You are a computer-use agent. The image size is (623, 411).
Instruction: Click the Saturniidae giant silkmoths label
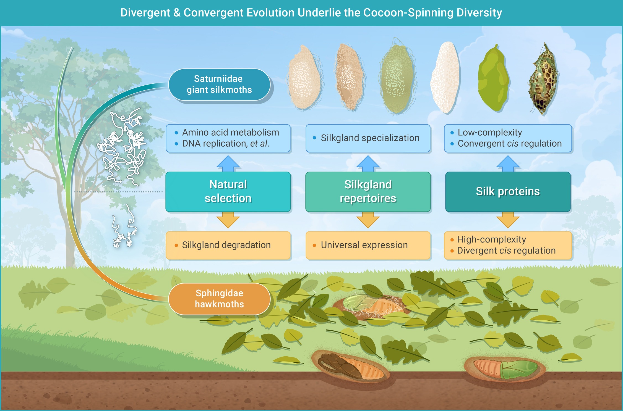[219, 84]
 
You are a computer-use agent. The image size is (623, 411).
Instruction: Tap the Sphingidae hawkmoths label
[219, 299]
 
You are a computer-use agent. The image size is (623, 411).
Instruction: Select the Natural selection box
[228, 191]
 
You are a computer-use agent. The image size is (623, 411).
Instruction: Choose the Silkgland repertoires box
[368, 191]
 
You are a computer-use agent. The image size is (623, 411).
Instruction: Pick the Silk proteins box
[508, 191]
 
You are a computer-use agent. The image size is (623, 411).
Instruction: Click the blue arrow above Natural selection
[228, 164]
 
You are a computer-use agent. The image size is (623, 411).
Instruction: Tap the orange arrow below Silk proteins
[508, 220]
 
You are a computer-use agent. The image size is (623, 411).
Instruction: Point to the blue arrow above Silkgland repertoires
[368, 164]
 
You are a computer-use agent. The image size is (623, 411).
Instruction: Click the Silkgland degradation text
[226, 245]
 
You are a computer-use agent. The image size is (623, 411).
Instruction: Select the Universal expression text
[364, 245]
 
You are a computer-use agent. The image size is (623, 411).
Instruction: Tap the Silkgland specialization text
[370, 138]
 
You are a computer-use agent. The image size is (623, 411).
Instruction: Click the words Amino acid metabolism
[230, 133]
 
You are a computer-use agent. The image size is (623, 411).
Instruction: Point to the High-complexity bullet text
[491, 239]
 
